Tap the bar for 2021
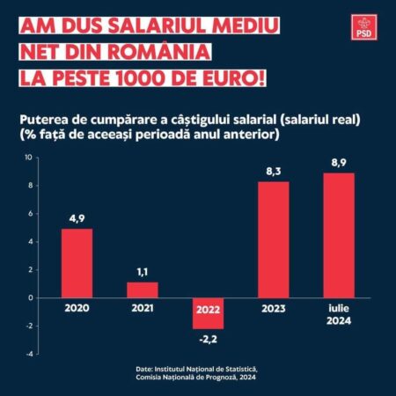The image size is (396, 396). [142, 290]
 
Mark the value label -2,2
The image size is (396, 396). [209, 337]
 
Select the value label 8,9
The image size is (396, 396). [339, 164]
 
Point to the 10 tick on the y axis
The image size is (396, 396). [28, 158]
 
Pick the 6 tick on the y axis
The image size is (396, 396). [29, 214]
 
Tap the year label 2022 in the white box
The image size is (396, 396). [209, 308]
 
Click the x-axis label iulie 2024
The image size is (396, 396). [339, 313]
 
